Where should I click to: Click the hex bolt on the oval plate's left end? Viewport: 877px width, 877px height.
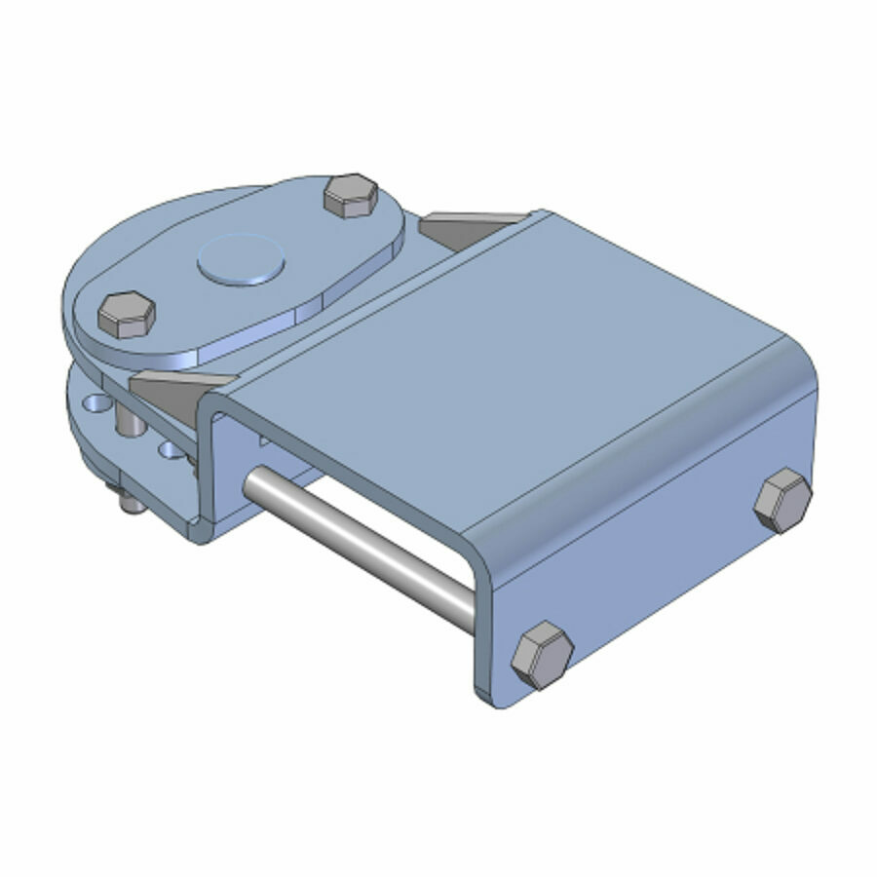[x=126, y=315]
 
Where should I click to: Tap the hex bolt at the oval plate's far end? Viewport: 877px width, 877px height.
[x=350, y=196]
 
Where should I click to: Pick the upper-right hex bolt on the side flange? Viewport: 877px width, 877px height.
[x=782, y=499]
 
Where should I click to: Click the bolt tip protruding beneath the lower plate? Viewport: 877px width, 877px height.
[x=125, y=503]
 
